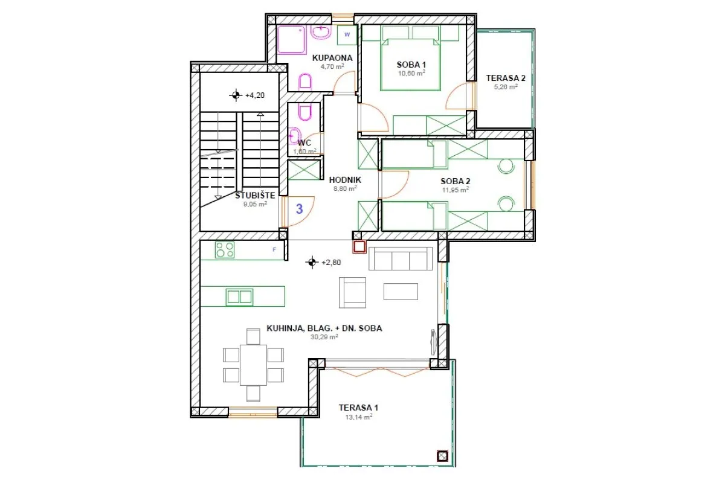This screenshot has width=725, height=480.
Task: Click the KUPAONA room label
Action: click(332, 58)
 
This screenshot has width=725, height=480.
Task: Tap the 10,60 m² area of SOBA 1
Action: click(411, 74)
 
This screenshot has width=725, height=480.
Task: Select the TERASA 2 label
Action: click(506, 78)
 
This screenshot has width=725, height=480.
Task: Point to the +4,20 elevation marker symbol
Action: click(236, 95)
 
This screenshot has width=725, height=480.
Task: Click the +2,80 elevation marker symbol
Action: click(312, 262)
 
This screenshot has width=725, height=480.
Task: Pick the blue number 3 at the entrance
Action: click(300, 209)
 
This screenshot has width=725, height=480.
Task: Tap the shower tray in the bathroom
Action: click(292, 39)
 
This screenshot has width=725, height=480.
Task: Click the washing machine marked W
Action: click(347, 35)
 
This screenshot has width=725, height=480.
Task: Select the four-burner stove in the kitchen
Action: click(225, 250)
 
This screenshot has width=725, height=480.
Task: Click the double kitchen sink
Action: click(239, 296)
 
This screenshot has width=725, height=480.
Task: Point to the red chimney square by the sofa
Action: click(359, 247)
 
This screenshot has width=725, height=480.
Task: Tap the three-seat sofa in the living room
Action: click(401, 258)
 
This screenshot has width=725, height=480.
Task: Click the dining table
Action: click(253, 365)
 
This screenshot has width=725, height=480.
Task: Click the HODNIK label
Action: click(345, 180)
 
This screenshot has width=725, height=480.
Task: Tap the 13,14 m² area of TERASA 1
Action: click(359, 417)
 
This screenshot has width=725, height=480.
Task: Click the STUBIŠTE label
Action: click(255, 196)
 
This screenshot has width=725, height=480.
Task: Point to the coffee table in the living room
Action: click(401, 292)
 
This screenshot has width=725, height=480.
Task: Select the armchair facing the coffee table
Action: click(352, 292)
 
